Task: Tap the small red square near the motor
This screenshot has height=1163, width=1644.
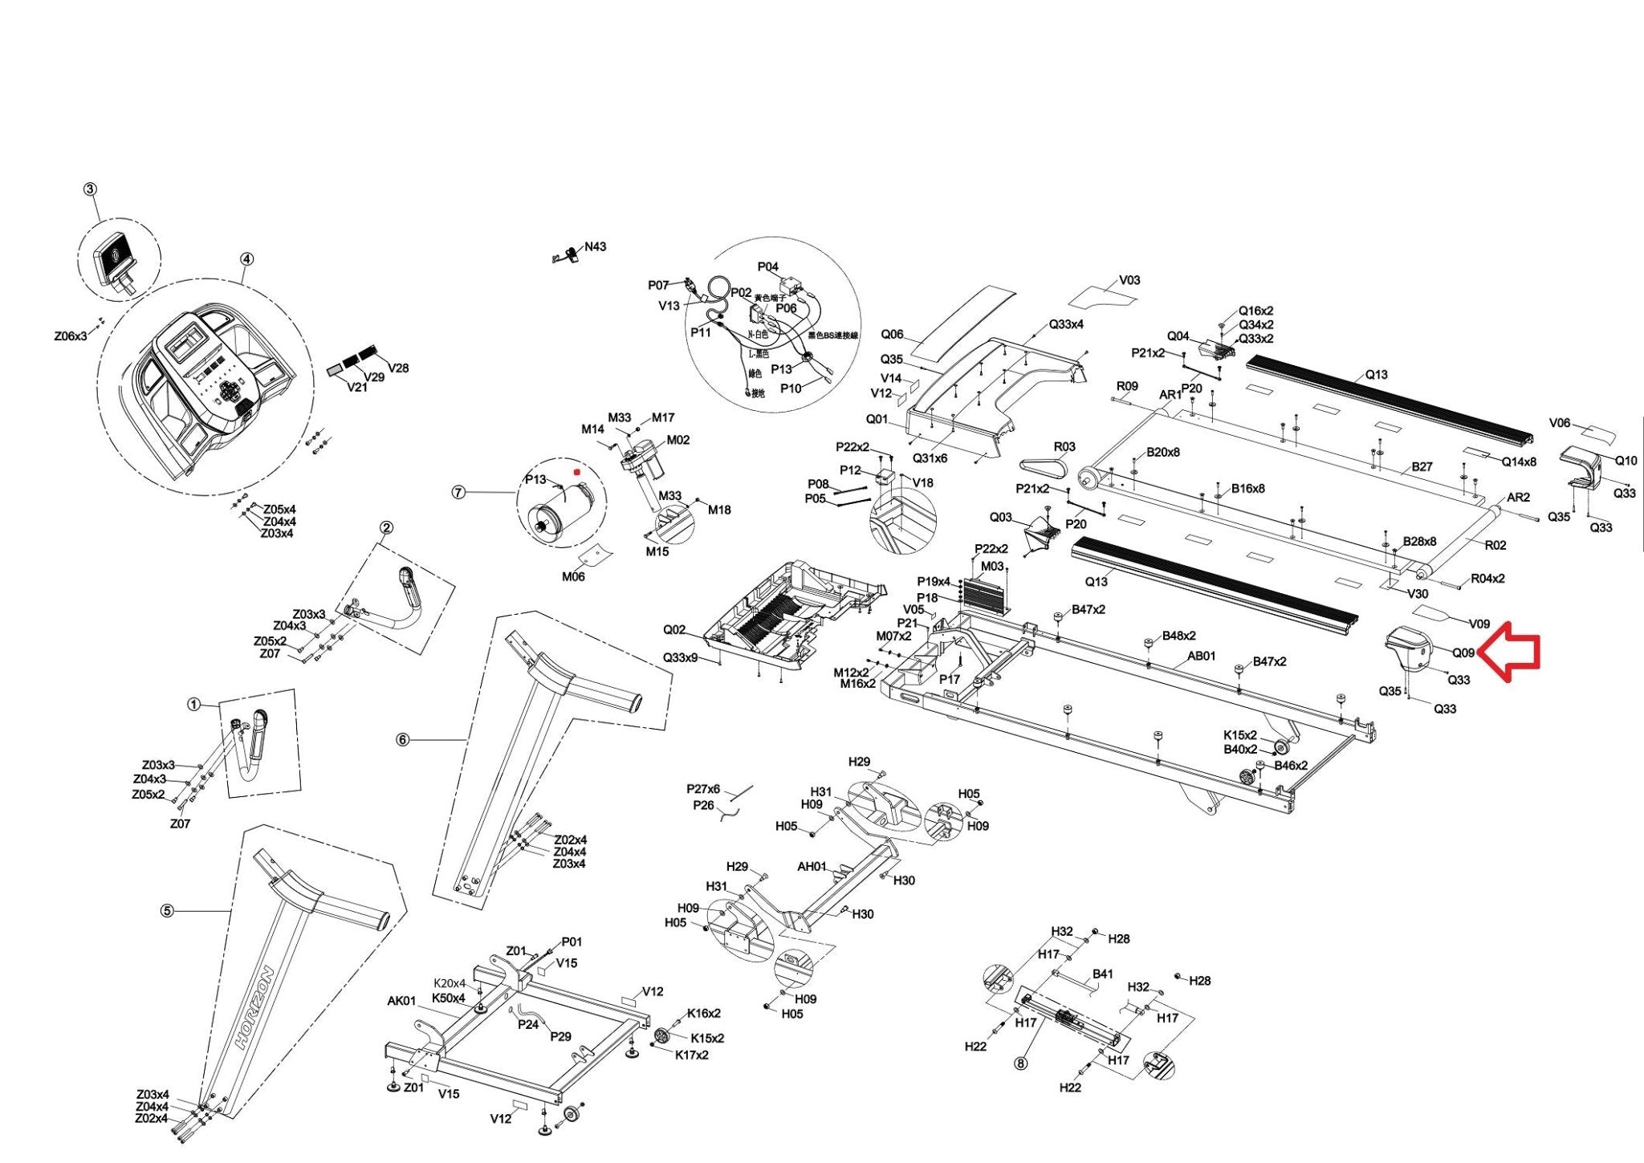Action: [576, 473]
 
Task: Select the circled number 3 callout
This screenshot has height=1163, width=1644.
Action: [90, 189]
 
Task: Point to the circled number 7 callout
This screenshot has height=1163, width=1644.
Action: [458, 492]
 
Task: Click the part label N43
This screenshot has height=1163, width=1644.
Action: [595, 246]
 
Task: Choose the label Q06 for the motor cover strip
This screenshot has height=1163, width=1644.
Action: [892, 334]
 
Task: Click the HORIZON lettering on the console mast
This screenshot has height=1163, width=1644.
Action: [254, 1008]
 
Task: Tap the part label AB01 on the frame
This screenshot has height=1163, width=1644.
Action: [1201, 656]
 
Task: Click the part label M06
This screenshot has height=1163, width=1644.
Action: [573, 576]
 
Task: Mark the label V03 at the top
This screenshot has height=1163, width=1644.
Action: [1129, 280]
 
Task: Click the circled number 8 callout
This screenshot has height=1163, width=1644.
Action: [1020, 1063]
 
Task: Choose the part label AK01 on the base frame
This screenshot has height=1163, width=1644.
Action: [401, 1001]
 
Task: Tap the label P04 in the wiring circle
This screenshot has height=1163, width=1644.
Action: [767, 266]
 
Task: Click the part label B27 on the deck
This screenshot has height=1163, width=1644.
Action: [1422, 466]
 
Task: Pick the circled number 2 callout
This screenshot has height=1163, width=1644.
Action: [387, 527]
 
